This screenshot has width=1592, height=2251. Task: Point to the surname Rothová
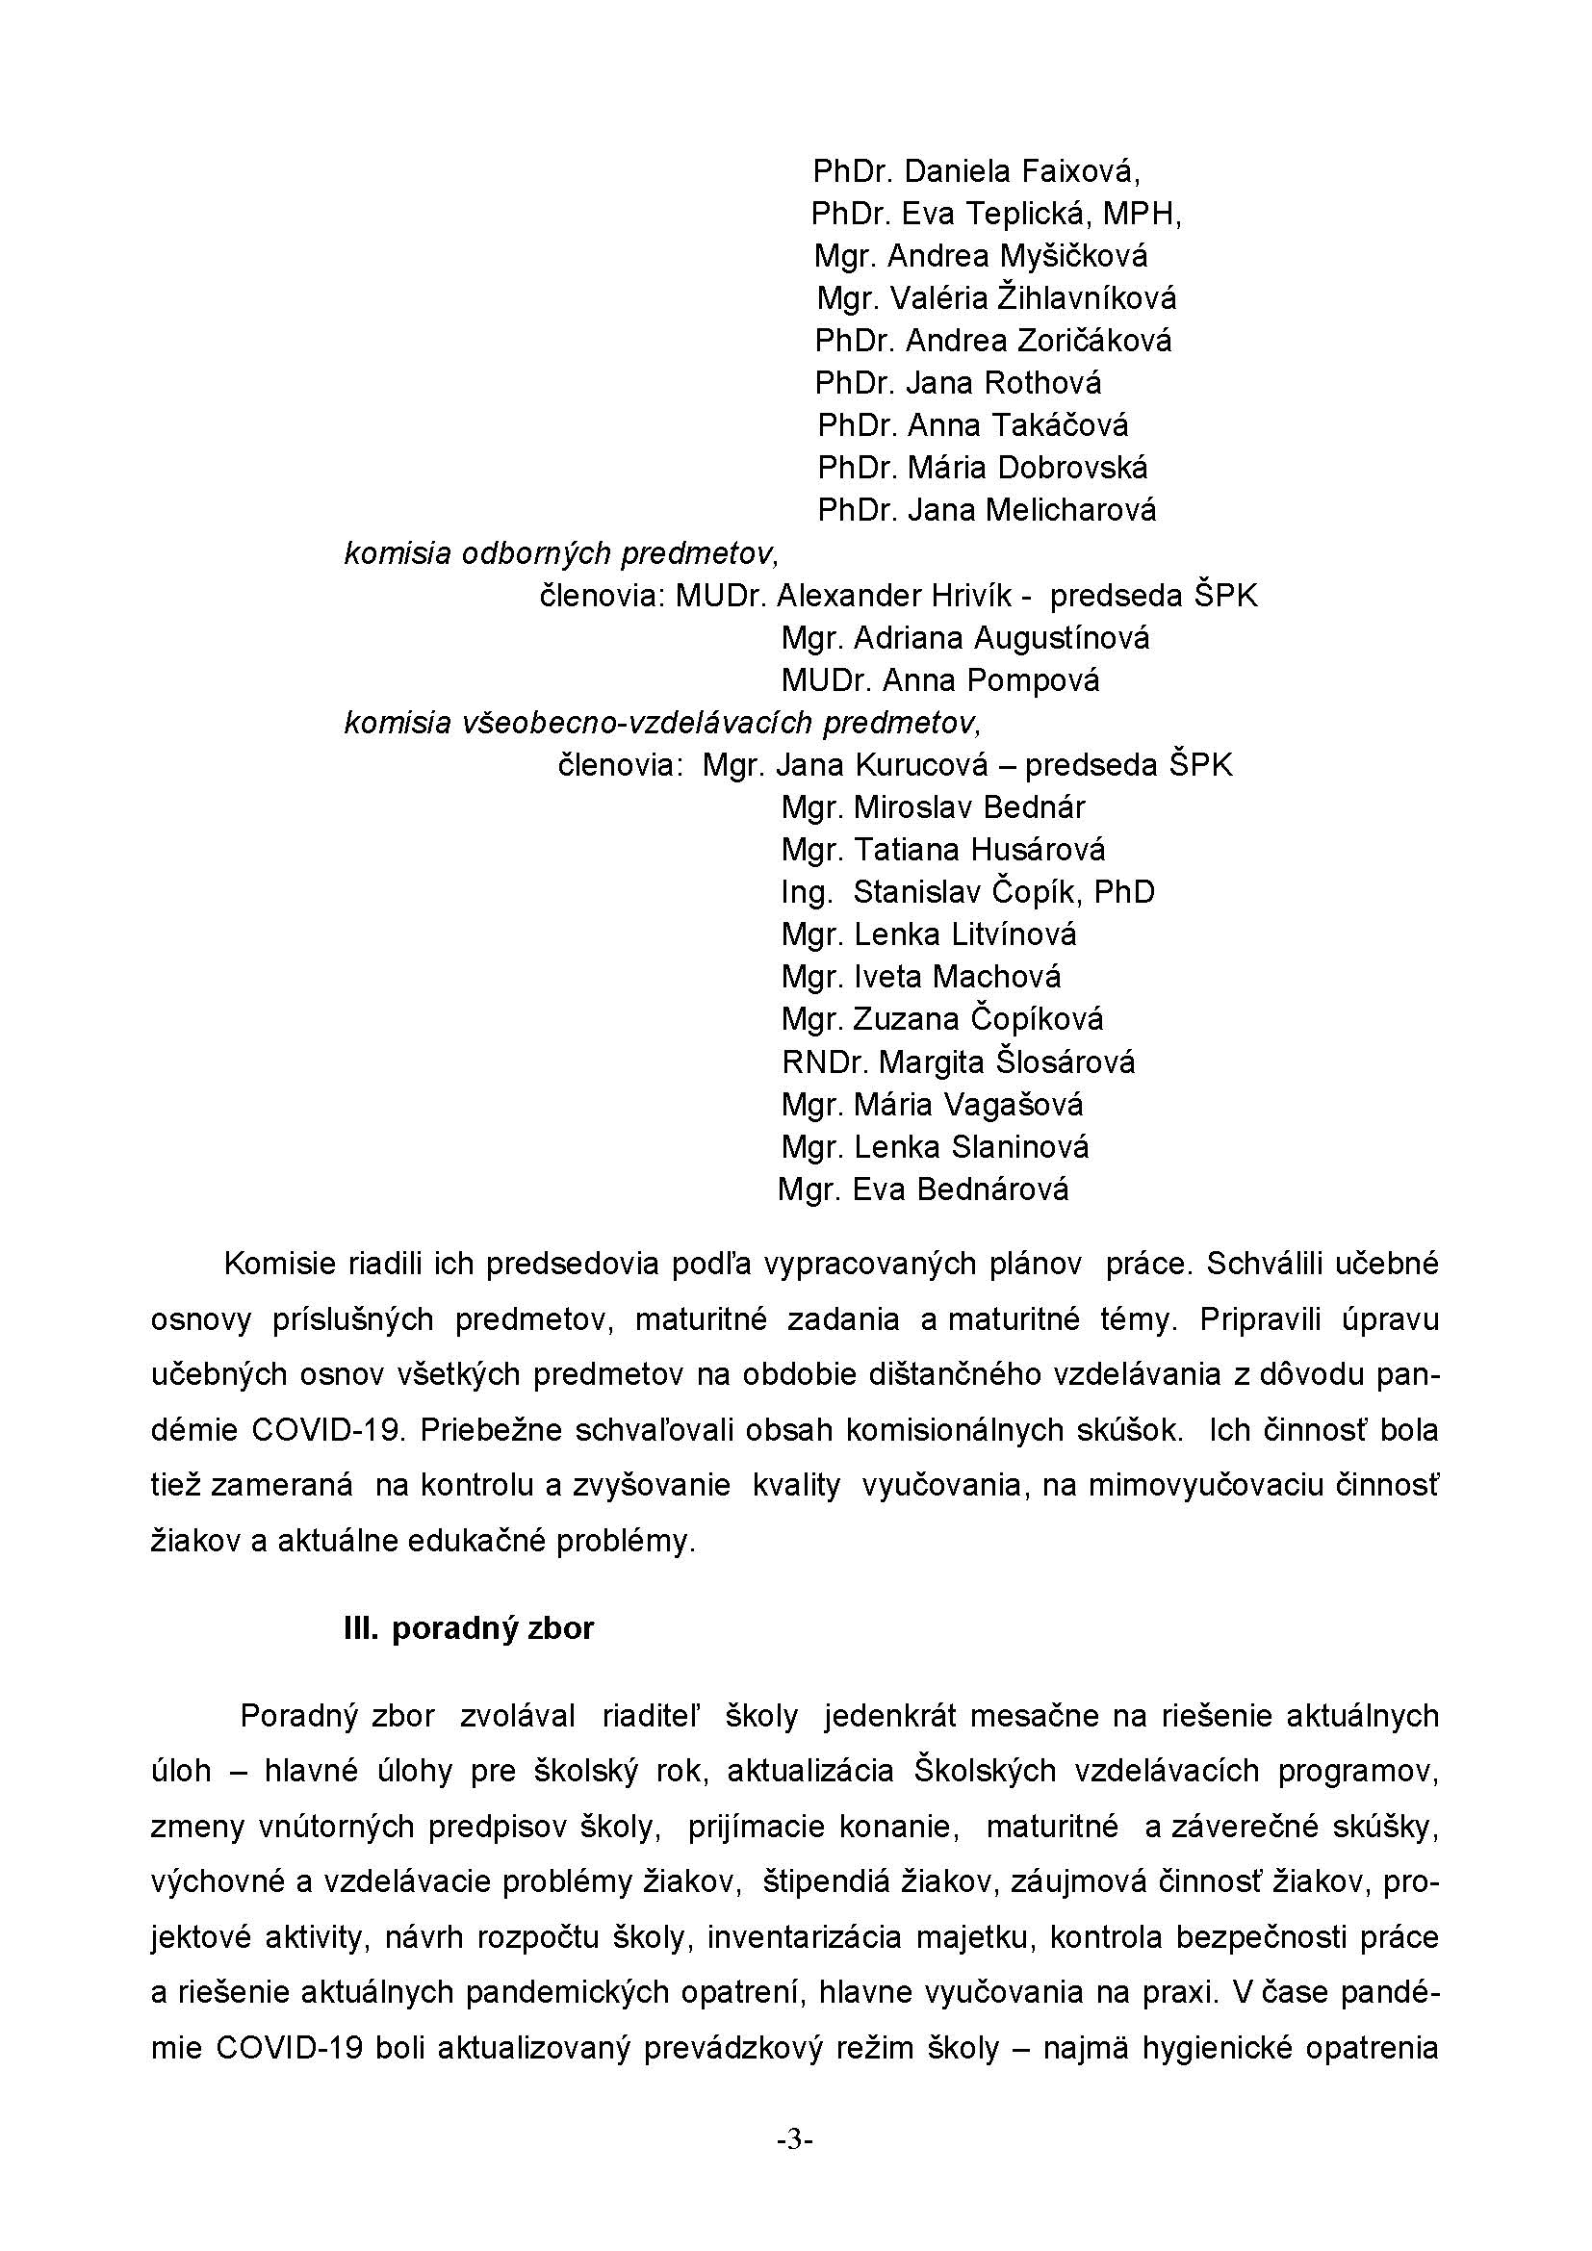point(1043,382)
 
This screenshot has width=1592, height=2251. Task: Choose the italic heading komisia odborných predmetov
point(561,554)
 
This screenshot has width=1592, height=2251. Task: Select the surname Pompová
point(1040,680)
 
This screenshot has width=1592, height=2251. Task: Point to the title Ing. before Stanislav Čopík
point(807,892)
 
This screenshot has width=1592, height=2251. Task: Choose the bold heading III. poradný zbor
point(469,1628)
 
